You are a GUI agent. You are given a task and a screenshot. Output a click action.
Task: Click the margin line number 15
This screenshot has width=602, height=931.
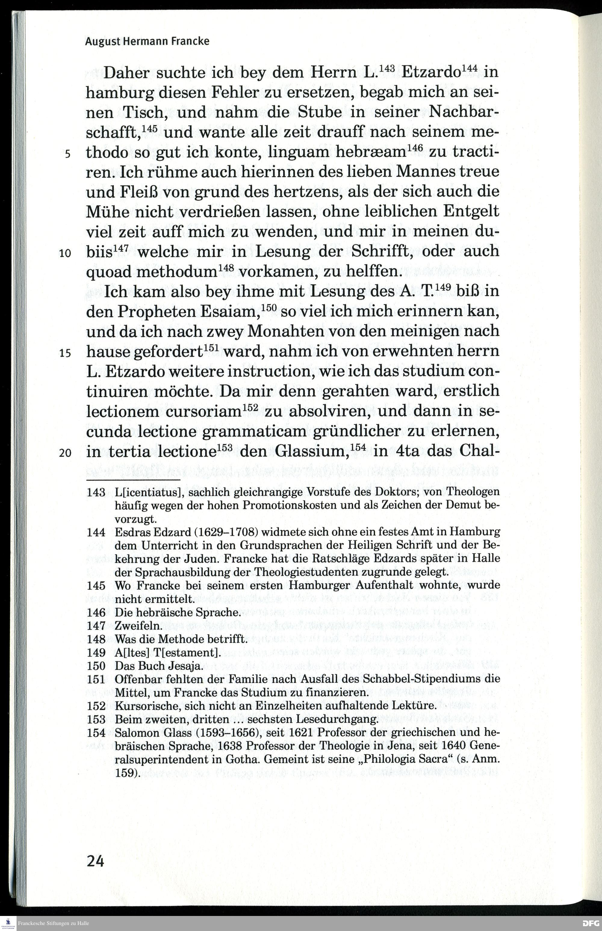click(x=65, y=353)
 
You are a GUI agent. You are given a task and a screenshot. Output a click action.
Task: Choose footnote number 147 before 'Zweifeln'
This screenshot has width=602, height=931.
click(x=96, y=626)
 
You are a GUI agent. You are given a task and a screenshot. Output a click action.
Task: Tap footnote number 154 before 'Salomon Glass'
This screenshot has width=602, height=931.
click(x=96, y=732)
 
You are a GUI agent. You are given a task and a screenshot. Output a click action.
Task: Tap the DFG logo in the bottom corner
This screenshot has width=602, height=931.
click(x=591, y=923)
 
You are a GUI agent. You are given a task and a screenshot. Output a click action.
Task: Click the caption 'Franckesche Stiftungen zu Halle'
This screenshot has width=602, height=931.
click(x=54, y=923)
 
